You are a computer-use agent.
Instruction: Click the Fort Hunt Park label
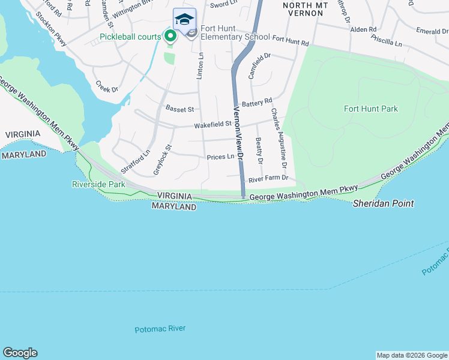(x=371, y=109)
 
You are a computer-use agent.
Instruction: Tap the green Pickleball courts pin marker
(x=170, y=37)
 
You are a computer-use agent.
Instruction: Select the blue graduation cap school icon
(x=185, y=19)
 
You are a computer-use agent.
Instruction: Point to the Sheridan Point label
(x=382, y=204)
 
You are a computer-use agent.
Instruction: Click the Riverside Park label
(x=98, y=184)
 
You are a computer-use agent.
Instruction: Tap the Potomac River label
(x=160, y=329)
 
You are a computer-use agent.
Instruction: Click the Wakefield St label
(x=212, y=124)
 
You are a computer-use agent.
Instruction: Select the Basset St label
(x=179, y=109)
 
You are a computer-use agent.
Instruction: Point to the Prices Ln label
(x=220, y=157)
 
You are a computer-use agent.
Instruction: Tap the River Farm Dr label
(x=268, y=178)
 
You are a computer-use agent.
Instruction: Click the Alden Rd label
(x=363, y=29)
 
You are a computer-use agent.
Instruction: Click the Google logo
(x=20, y=353)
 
